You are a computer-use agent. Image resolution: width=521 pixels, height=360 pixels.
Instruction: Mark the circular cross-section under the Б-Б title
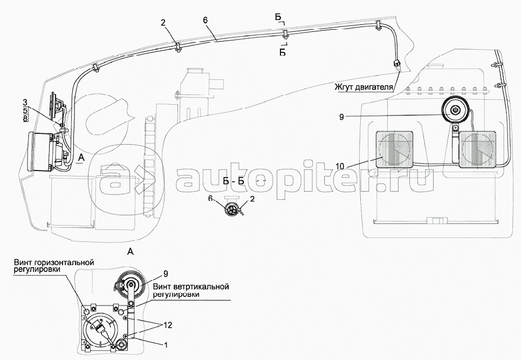(x=234, y=211)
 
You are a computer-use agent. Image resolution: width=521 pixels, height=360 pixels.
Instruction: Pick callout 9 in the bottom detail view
(x=166, y=273)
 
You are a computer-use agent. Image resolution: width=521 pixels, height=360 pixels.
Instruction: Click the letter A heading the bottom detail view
(x=129, y=251)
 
